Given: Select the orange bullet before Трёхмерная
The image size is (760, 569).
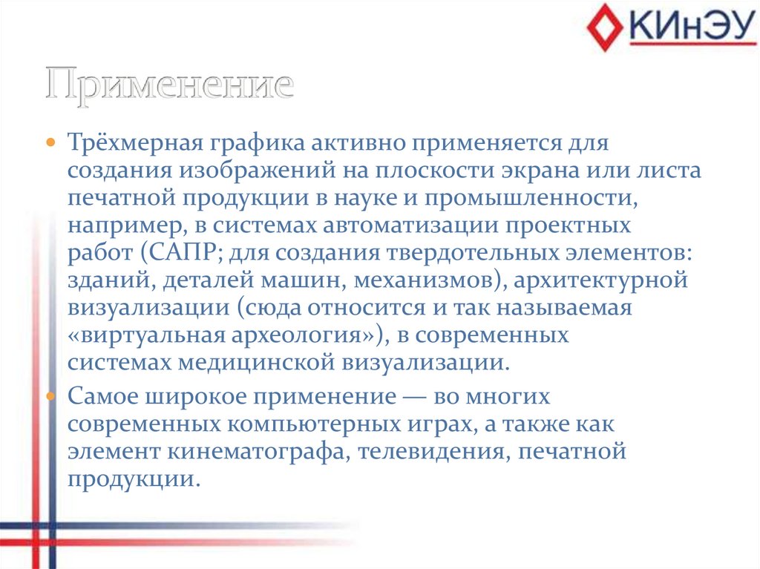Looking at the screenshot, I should (x=50, y=141).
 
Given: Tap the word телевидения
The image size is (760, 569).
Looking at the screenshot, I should (x=430, y=452).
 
